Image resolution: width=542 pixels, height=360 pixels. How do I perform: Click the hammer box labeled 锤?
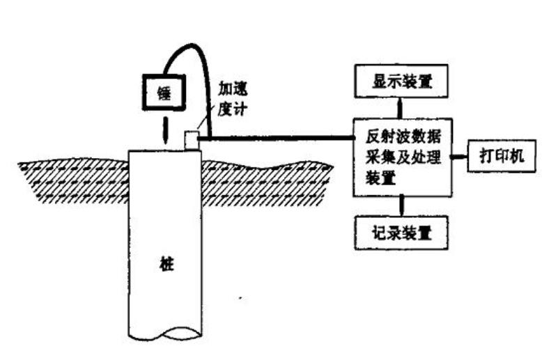coord(164,92)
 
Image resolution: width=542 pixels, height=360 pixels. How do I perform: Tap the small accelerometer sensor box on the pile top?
coord(192,140)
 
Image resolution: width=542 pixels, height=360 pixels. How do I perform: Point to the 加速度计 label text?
coord(232,99)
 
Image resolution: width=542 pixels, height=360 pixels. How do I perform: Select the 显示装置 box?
coord(401,81)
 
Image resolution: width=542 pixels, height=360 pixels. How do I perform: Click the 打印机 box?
coord(502,156)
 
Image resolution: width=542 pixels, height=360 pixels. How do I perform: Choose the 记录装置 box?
coord(401,233)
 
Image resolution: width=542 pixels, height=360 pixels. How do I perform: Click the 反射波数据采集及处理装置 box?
coord(403,157)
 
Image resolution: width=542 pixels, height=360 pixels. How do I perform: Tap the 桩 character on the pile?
coord(167,264)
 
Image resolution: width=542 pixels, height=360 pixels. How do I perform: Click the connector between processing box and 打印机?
coord(460,157)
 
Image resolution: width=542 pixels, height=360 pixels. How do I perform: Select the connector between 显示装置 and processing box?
coord(401,108)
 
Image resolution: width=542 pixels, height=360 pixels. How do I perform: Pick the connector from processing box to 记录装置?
coord(402,206)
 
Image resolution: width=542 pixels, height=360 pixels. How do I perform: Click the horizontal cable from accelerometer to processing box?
coord(276,138)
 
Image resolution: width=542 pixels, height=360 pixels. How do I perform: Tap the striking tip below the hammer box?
coord(166,131)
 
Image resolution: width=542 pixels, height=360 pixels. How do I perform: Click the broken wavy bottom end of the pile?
coord(165,334)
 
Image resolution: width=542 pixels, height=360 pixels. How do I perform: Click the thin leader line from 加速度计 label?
coord(205,121)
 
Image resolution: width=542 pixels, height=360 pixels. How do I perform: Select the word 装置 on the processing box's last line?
coord(380,179)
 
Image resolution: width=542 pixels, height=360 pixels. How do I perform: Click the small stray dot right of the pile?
coord(241,297)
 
